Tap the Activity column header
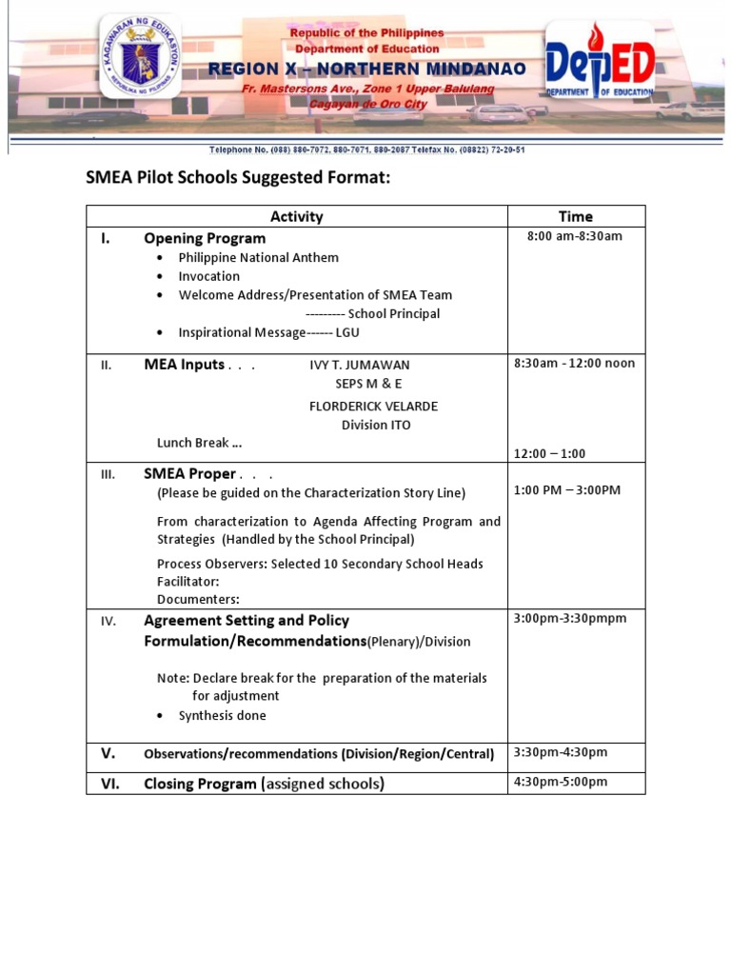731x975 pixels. (296, 216)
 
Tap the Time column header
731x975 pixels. (575, 216)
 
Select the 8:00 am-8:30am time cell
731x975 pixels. (575, 236)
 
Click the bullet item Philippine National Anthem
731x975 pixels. (258, 257)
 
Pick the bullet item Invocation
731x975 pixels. (208, 276)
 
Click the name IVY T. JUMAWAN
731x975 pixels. (360, 365)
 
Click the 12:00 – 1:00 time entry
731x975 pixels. (549, 453)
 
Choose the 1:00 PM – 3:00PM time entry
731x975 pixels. (566, 489)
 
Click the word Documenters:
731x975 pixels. (198, 599)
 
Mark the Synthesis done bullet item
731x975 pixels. (222, 715)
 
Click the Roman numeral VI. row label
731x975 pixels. (109, 784)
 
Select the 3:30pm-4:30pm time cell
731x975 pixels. (560, 752)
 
